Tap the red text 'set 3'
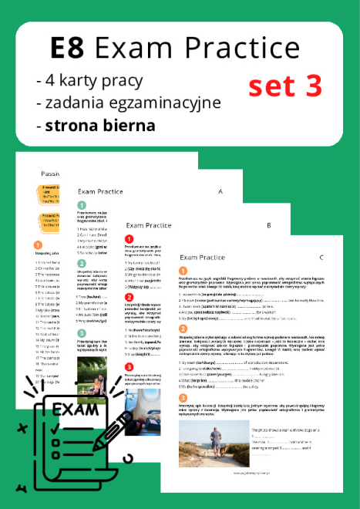285,86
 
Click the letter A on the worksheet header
220,191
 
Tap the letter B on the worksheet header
267,226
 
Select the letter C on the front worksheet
321,256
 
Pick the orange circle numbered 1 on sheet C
183,271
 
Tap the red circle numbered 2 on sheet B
130,298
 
